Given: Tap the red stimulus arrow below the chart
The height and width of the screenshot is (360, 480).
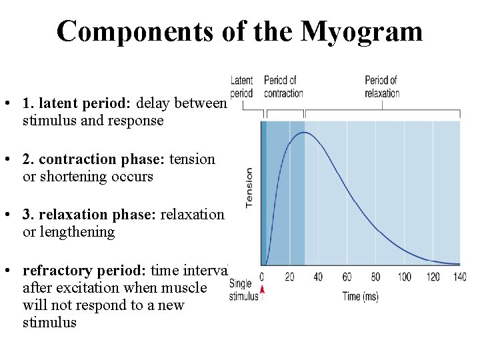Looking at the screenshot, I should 262,289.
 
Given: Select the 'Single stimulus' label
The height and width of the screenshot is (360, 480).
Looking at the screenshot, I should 243,290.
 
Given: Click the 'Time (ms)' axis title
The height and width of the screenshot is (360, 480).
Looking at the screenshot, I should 361,296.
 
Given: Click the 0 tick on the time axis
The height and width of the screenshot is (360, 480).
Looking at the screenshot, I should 262,276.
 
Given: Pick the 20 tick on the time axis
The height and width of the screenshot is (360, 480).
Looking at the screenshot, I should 290,276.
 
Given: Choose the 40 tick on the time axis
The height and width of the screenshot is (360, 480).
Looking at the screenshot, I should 318,276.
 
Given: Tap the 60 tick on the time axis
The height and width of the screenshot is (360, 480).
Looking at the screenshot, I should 347,276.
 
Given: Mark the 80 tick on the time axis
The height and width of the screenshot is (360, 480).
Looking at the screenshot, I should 375,276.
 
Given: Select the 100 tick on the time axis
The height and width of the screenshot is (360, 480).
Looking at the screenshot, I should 404,276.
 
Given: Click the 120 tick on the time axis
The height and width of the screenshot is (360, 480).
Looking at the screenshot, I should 433,276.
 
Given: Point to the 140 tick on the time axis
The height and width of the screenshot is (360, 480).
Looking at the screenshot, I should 459,276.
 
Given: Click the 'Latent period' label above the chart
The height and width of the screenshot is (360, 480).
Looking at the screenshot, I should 241,87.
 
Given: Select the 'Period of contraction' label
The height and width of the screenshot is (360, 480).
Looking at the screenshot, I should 283,87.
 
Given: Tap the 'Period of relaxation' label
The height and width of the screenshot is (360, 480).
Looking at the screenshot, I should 382,87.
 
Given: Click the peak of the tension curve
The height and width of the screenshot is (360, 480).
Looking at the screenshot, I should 304,133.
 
